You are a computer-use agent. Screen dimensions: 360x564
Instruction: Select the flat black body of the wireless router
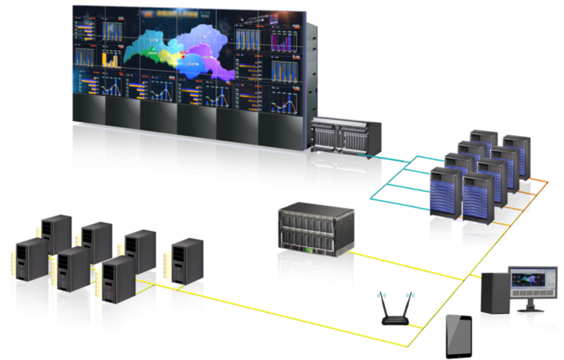click(x=396, y=320)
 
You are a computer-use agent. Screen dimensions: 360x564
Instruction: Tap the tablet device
click(x=459, y=336)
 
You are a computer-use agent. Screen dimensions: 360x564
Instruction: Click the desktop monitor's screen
click(x=532, y=283)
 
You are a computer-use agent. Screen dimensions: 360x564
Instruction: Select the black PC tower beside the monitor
click(x=494, y=293)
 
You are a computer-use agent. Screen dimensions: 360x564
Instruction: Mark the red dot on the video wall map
click(x=185, y=57)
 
